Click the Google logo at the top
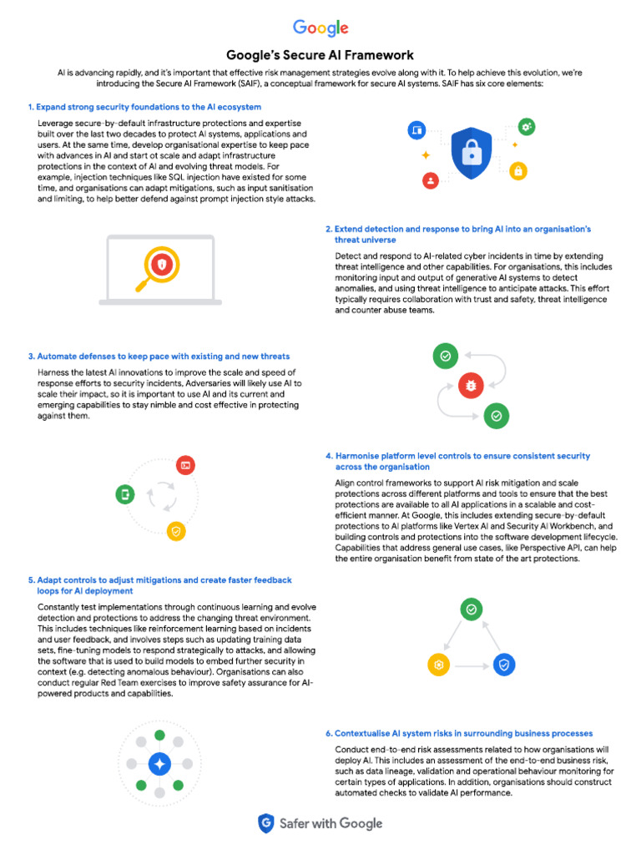[320, 28]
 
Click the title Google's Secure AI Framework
[320, 55]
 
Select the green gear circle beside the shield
[527, 127]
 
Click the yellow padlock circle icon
[518, 170]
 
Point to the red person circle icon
[431, 179]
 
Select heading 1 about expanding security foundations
[144, 107]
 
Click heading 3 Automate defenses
[159, 356]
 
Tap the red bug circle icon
[471, 385]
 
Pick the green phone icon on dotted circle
[125, 494]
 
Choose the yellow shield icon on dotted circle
[175, 530]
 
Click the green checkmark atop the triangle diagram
[472, 610]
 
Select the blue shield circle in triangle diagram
[503, 665]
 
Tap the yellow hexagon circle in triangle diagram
[438, 665]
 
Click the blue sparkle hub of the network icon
[159, 763]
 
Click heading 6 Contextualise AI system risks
[459, 733]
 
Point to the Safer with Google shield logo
[266, 823]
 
